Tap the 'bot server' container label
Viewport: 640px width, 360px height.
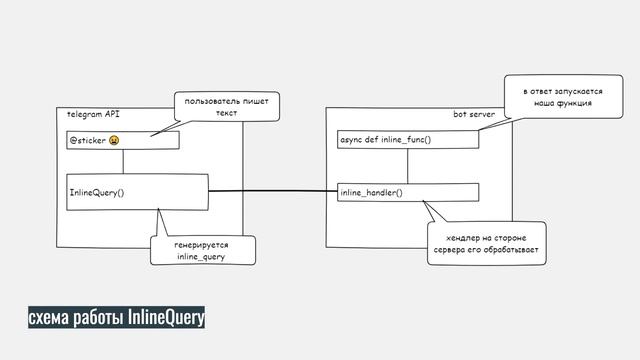pyautogui.click(x=474, y=115)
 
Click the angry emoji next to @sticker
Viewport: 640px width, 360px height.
pyautogui.click(x=115, y=140)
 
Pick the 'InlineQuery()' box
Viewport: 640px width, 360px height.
pyautogui.click(x=136, y=192)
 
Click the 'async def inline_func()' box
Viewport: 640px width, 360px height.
pyautogui.click(x=406, y=140)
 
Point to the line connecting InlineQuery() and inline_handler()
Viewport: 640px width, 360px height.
pyautogui.click(x=270, y=191)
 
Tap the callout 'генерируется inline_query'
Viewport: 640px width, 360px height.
pyautogui.click(x=201, y=250)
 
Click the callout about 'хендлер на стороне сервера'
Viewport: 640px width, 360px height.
pyautogui.click(x=485, y=243)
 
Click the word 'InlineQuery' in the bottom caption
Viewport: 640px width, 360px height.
pyautogui.click(x=166, y=318)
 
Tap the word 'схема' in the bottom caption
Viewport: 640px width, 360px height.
pyautogui.click(x=48, y=318)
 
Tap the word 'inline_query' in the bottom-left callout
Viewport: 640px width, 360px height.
pyautogui.click(x=201, y=257)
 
